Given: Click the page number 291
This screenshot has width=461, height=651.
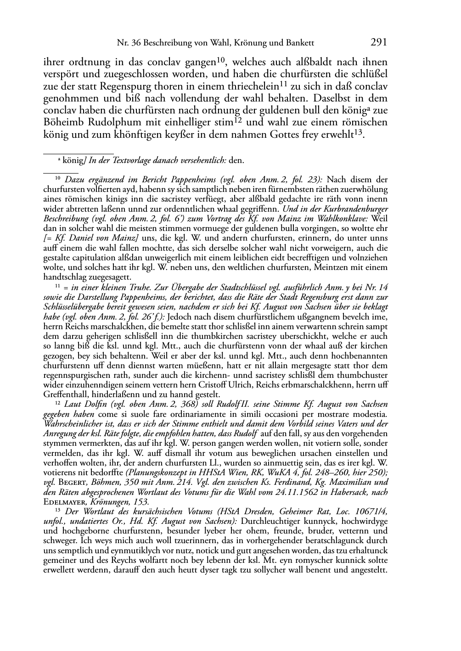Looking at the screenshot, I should click(378, 42).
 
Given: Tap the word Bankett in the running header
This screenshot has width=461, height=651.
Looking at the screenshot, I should click(299, 43).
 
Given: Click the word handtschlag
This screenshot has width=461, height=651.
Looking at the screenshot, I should click(65, 277).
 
